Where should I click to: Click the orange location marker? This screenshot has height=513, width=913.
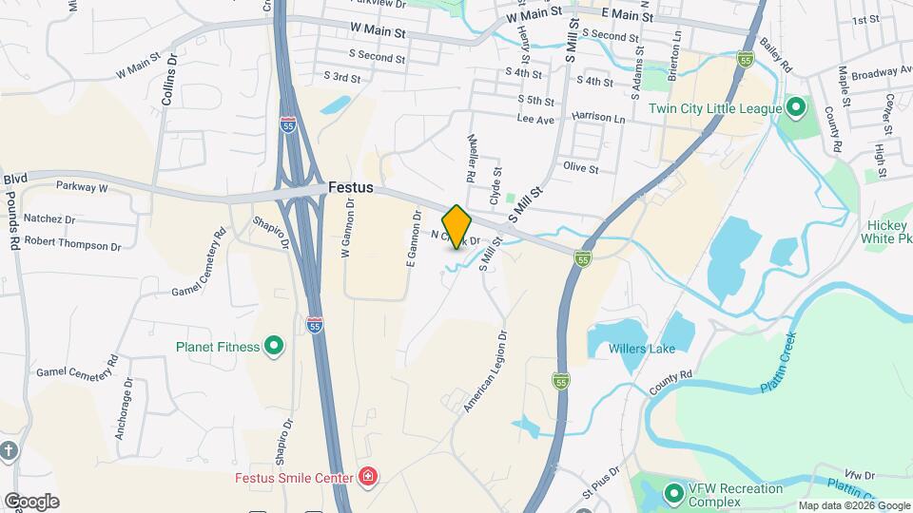(x=457, y=227)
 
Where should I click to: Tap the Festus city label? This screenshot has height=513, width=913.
(x=351, y=188)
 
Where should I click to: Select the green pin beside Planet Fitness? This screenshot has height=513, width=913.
(x=274, y=347)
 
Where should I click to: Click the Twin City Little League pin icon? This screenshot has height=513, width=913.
(x=797, y=108)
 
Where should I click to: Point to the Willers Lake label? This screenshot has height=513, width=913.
(x=642, y=349)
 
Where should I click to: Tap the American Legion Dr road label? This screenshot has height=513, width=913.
(x=486, y=371)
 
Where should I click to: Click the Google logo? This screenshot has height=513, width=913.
(x=31, y=501)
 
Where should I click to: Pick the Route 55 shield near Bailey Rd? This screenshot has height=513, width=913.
(x=747, y=59)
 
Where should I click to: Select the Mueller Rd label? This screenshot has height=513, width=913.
(x=470, y=157)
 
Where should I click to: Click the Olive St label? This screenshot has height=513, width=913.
(x=580, y=168)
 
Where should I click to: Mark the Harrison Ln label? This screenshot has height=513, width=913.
(x=598, y=118)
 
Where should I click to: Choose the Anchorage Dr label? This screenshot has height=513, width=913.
(x=125, y=409)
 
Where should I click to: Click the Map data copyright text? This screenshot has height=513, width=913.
(x=853, y=505)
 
